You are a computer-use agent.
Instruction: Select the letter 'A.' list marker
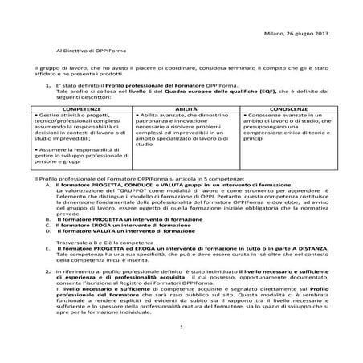[50, 185]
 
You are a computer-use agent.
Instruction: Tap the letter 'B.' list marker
[50, 218]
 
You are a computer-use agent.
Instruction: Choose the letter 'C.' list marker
[50, 225]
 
